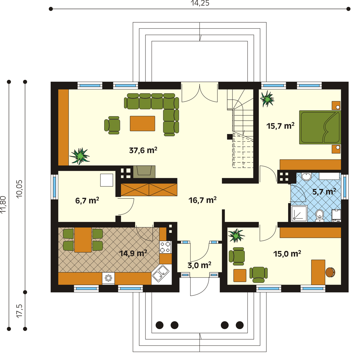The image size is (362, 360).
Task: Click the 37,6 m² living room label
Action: click(143, 150)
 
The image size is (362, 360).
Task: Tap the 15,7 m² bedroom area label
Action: click(280, 126)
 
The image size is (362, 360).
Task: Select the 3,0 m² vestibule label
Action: click(199, 265)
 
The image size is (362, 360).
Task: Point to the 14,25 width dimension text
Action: click(200, 3)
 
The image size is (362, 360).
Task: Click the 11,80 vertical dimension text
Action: click(3, 204)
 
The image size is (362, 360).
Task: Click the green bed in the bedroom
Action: click(320, 127)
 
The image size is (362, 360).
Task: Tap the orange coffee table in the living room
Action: click(143, 123)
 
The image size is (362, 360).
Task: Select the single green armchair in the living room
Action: click(112, 125)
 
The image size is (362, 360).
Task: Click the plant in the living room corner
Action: click(80, 156)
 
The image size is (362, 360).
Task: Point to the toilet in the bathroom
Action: click(319, 215)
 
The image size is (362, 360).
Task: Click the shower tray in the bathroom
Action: click(299, 213)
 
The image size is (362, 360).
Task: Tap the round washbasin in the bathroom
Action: click(306, 177)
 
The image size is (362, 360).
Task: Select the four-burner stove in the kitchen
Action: click(166, 247)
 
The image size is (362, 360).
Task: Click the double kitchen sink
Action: click(161, 273)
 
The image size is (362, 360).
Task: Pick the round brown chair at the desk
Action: click(330, 272)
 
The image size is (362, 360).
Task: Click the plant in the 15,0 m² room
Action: click(236, 235)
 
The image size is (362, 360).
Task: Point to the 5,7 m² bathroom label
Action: click(324, 192)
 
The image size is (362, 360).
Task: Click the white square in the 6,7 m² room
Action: click(107, 180)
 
